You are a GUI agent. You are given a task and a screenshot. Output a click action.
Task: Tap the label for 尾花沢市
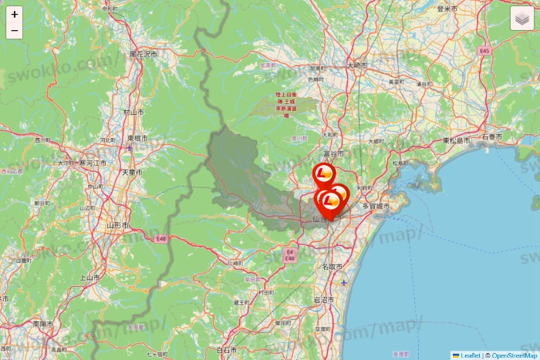click(x=143, y=55)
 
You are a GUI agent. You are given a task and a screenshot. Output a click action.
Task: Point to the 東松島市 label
click(x=457, y=141)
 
